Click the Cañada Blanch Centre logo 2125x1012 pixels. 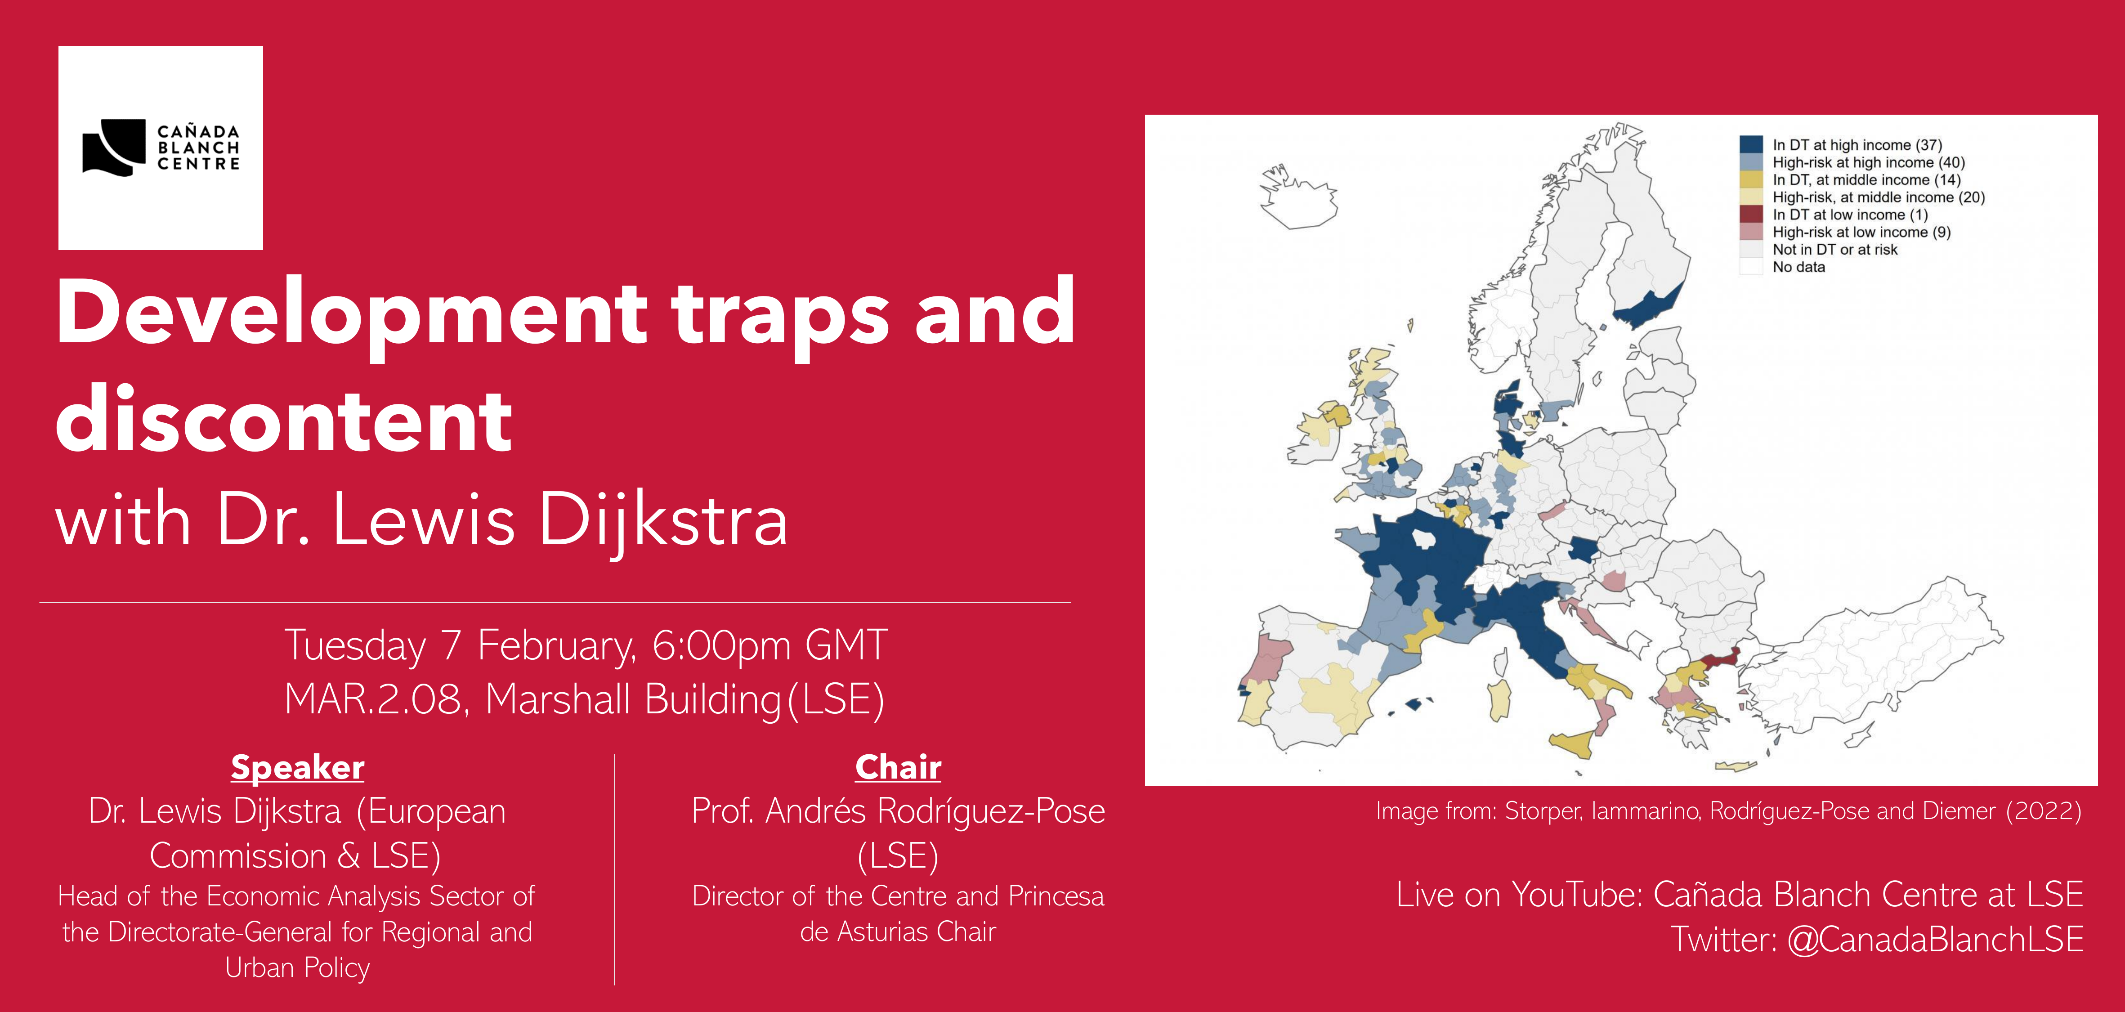pos(161,148)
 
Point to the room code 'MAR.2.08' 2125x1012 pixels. pos(373,699)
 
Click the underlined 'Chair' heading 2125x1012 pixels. pos(898,767)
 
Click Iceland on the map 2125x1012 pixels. pos(1297,196)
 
